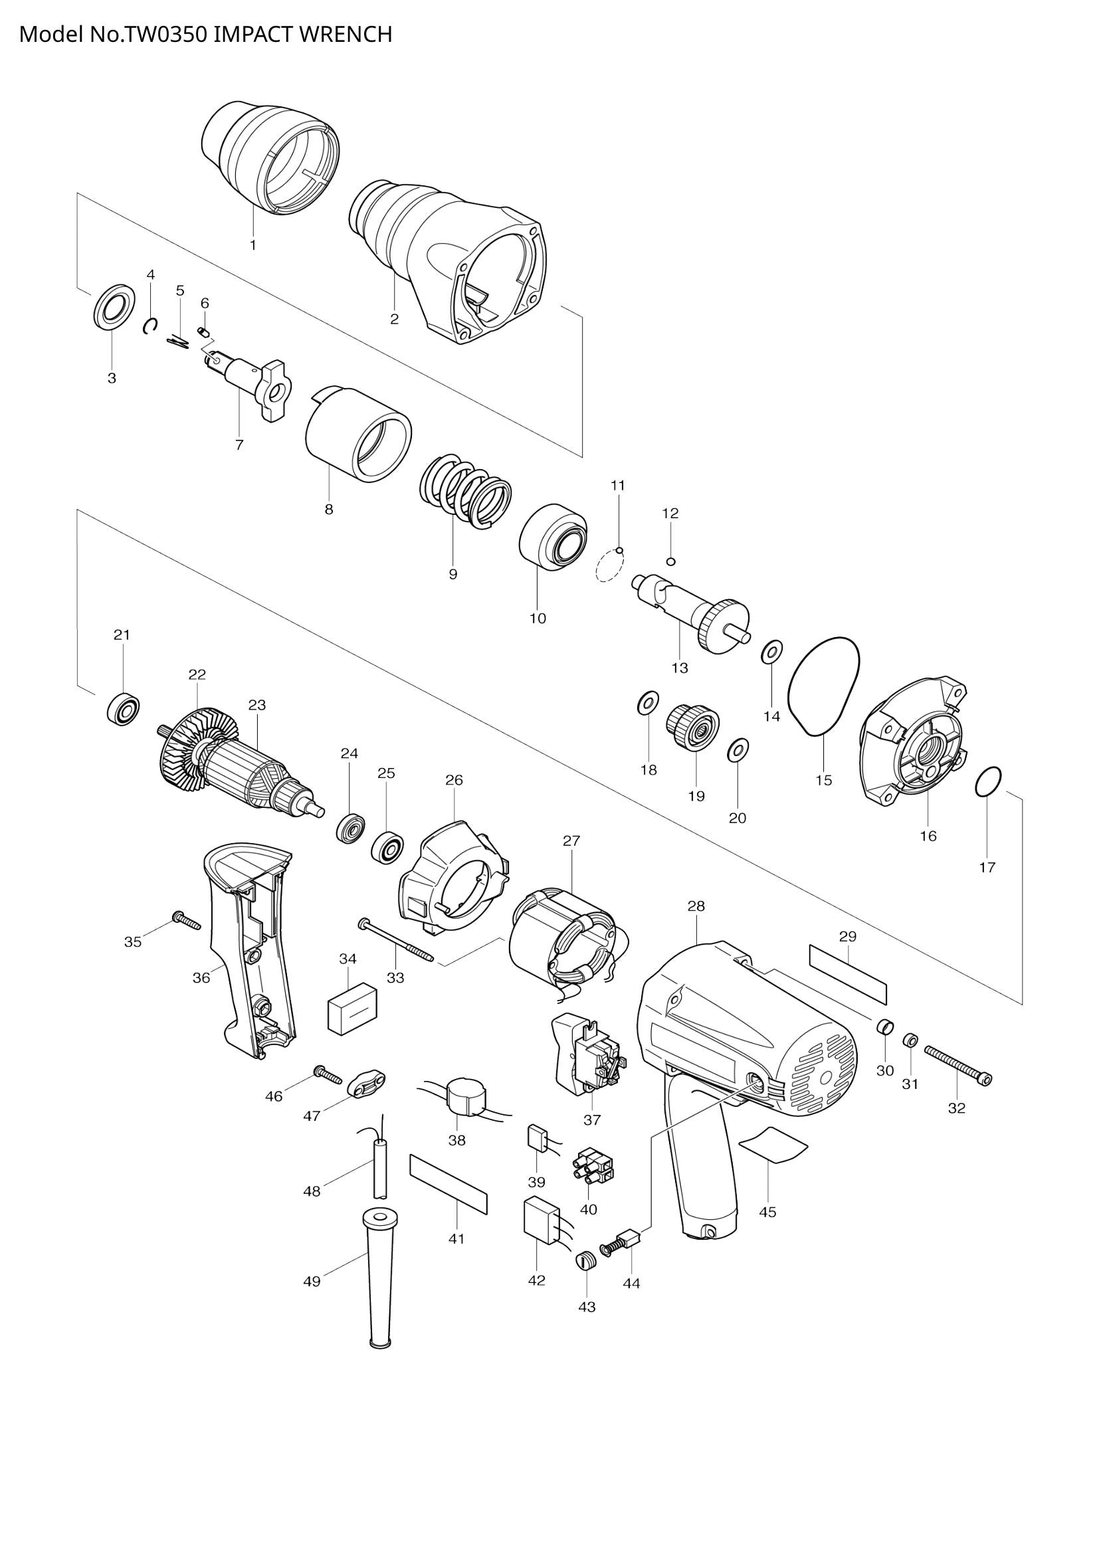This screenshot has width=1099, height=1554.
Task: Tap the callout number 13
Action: (680, 668)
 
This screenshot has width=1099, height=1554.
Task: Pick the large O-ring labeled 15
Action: (823, 685)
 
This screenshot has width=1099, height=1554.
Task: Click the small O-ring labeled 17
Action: (988, 783)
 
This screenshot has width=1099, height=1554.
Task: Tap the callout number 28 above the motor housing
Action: (696, 906)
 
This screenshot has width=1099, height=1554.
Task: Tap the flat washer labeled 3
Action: (112, 308)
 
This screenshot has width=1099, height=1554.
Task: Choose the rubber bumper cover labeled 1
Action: (270, 159)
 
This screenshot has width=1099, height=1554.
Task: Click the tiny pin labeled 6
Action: (203, 330)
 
